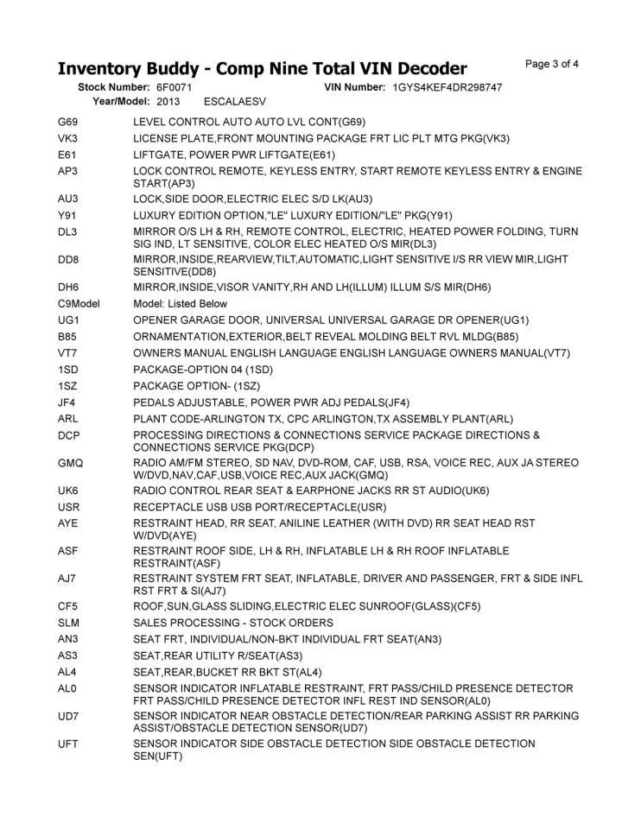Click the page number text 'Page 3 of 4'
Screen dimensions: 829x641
click(552, 63)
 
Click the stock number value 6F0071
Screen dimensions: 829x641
click(175, 88)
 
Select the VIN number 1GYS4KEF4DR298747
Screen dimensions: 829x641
click(447, 88)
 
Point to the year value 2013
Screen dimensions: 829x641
click(168, 101)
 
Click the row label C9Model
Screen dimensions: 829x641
click(79, 303)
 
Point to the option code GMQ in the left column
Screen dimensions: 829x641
click(71, 463)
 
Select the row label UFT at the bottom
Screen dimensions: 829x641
click(68, 744)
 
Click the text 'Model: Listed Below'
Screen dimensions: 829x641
click(181, 303)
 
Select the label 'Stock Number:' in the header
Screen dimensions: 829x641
click(114, 88)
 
